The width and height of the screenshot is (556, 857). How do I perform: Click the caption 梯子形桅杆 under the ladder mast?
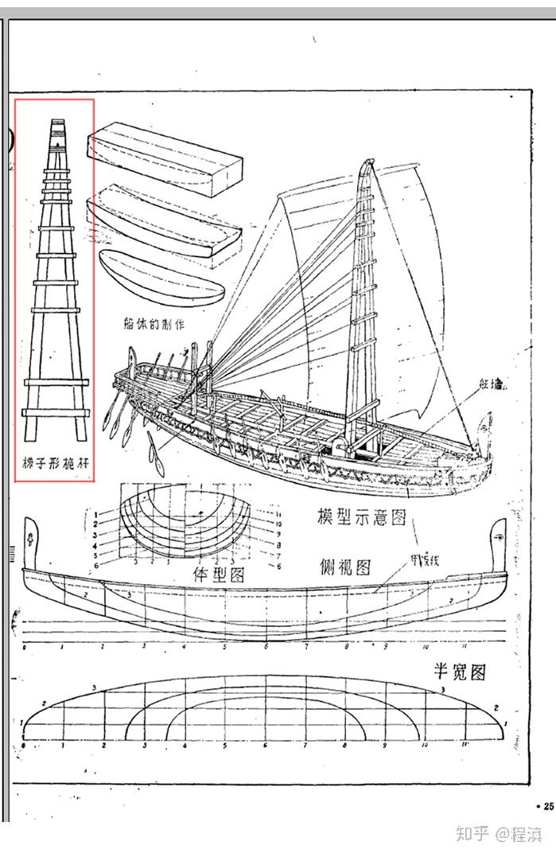click(55, 461)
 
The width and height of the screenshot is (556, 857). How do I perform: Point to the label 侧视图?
click(345, 567)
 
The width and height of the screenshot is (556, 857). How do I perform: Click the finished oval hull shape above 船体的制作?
click(158, 275)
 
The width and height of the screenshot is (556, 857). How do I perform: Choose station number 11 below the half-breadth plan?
click(465, 746)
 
